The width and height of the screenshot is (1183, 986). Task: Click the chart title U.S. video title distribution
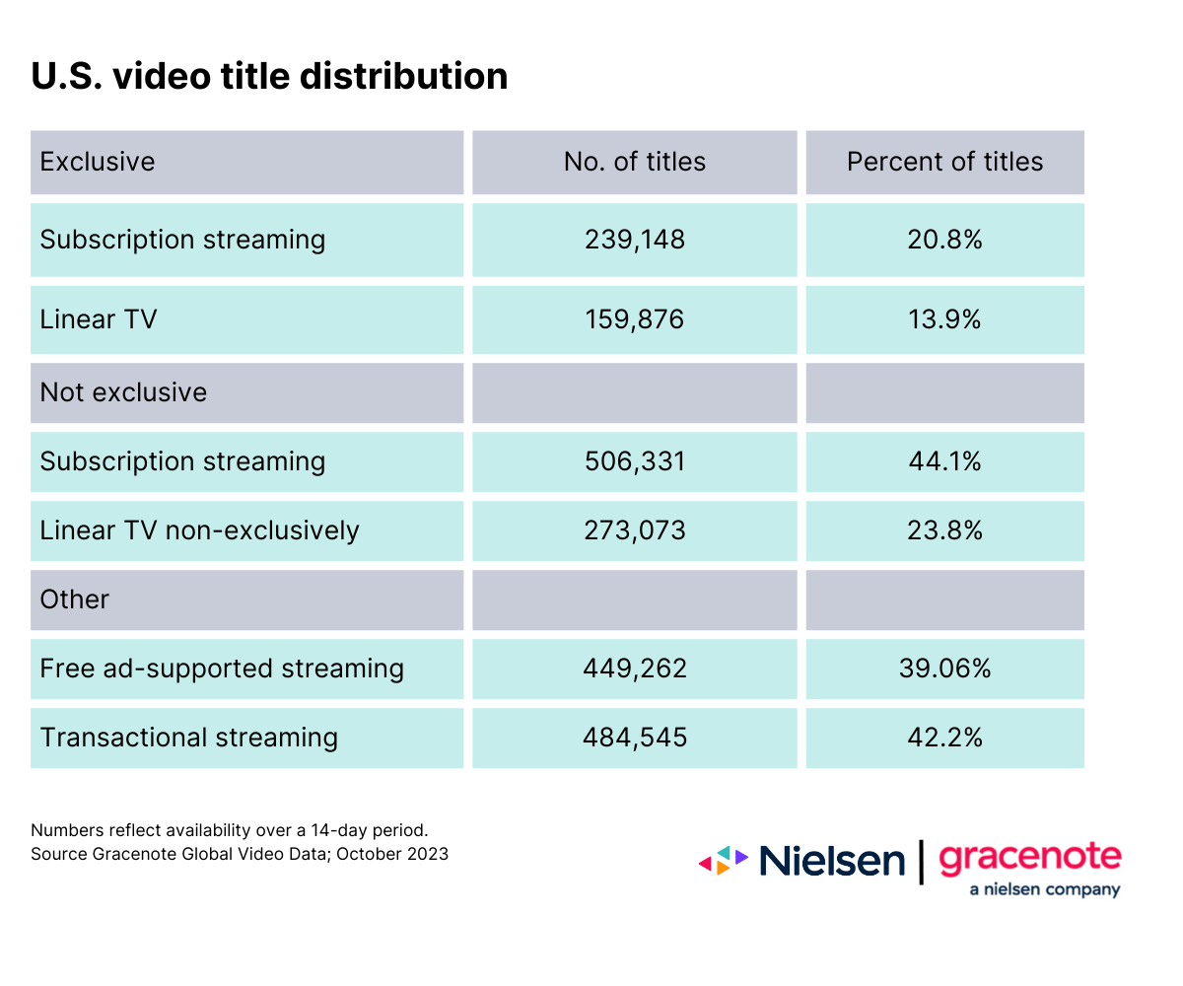coord(269,76)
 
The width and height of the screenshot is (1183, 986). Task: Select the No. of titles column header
coord(635,162)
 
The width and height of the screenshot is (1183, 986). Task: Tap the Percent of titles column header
coord(944,162)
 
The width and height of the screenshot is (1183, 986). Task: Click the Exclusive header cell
coord(98,162)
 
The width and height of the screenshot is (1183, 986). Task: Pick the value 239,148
coord(635,240)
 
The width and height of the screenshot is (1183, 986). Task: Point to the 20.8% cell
coord(944,240)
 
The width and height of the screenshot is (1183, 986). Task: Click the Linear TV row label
coord(99,319)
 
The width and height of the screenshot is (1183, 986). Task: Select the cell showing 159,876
coord(635,319)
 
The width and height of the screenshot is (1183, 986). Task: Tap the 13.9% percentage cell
coord(944,319)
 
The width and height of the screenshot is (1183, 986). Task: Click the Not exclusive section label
coord(123,392)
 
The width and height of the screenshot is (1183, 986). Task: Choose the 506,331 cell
coord(635,461)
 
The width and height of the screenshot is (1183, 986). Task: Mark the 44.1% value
coord(944,461)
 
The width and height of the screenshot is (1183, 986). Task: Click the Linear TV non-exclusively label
coord(199,530)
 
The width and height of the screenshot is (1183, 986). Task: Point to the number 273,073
coord(635,530)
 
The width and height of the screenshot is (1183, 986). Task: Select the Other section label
coord(74,599)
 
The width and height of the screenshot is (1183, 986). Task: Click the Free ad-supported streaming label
coord(222,669)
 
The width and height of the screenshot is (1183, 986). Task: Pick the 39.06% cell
coord(944,669)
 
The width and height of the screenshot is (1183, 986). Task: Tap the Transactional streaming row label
coord(188,738)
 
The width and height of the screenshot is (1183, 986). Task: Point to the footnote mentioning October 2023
coord(240,854)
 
